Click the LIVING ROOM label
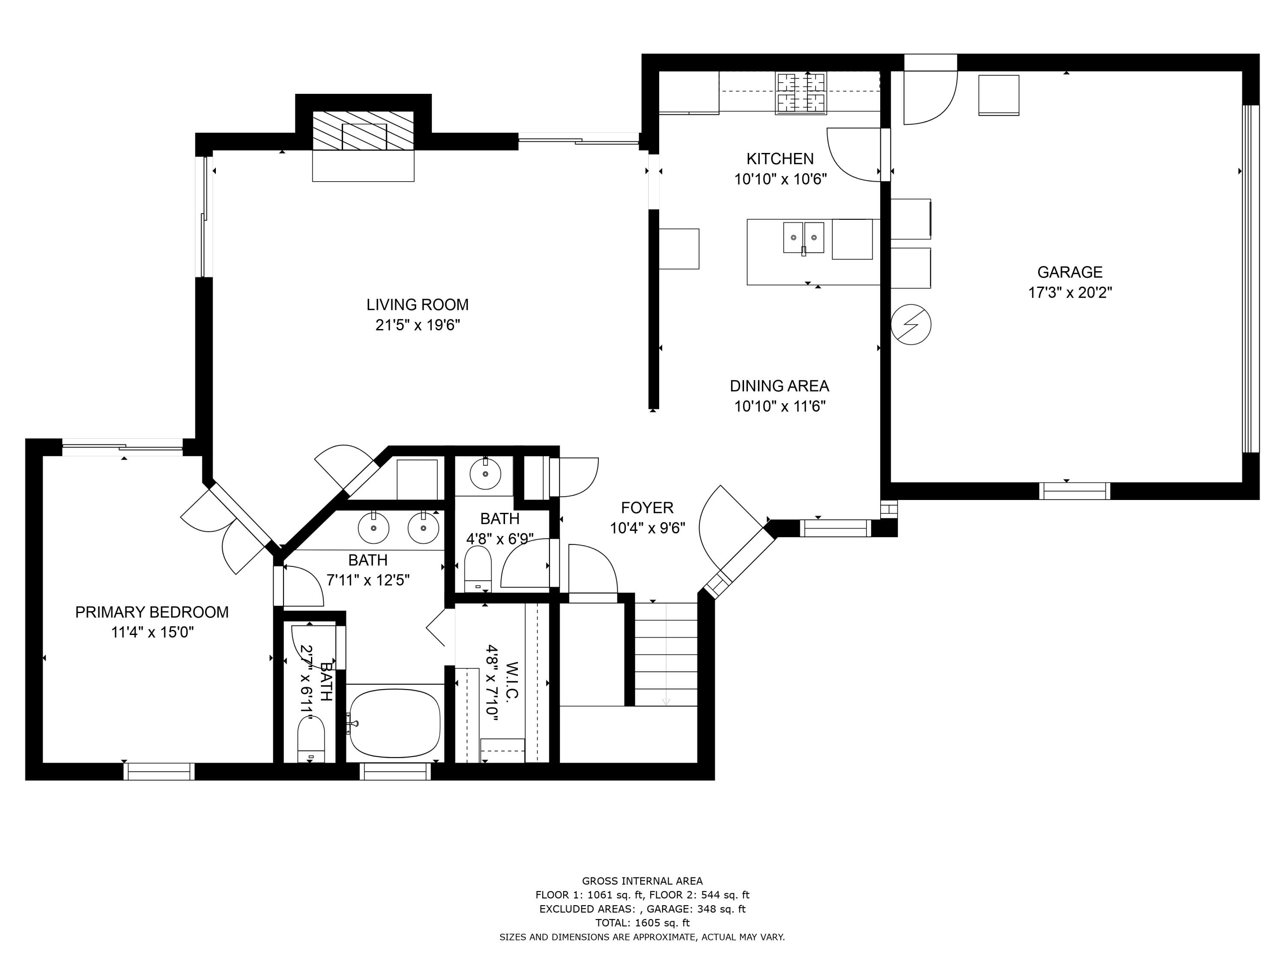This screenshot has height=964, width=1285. [x=417, y=305]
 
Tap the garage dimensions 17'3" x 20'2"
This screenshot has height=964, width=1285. [x=1070, y=292]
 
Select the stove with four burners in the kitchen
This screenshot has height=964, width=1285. [x=801, y=93]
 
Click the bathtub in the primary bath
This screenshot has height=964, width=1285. [x=395, y=724]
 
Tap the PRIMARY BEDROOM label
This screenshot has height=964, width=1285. [x=152, y=612]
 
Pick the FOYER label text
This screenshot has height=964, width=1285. [x=647, y=508]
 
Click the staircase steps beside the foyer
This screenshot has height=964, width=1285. [x=666, y=654]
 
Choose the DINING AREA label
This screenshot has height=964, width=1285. [x=779, y=386]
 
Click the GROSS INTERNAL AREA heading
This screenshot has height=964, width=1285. [x=642, y=881]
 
